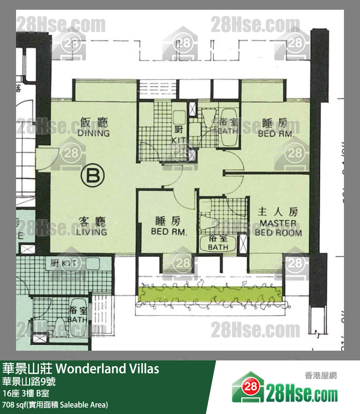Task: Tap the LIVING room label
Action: pyautogui.click(x=91, y=227)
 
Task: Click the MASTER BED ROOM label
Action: pyautogui.click(x=278, y=223)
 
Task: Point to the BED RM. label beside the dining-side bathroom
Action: pyautogui.click(x=276, y=128)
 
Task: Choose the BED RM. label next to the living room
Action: pyautogui.click(x=168, y=227)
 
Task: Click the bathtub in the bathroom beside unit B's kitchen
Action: pyautogui.click(x=227, y=128)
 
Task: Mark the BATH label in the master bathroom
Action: pyautogui.click(x=217, y=244)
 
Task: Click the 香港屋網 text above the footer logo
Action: pyautogui.click(x=318, y=375)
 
